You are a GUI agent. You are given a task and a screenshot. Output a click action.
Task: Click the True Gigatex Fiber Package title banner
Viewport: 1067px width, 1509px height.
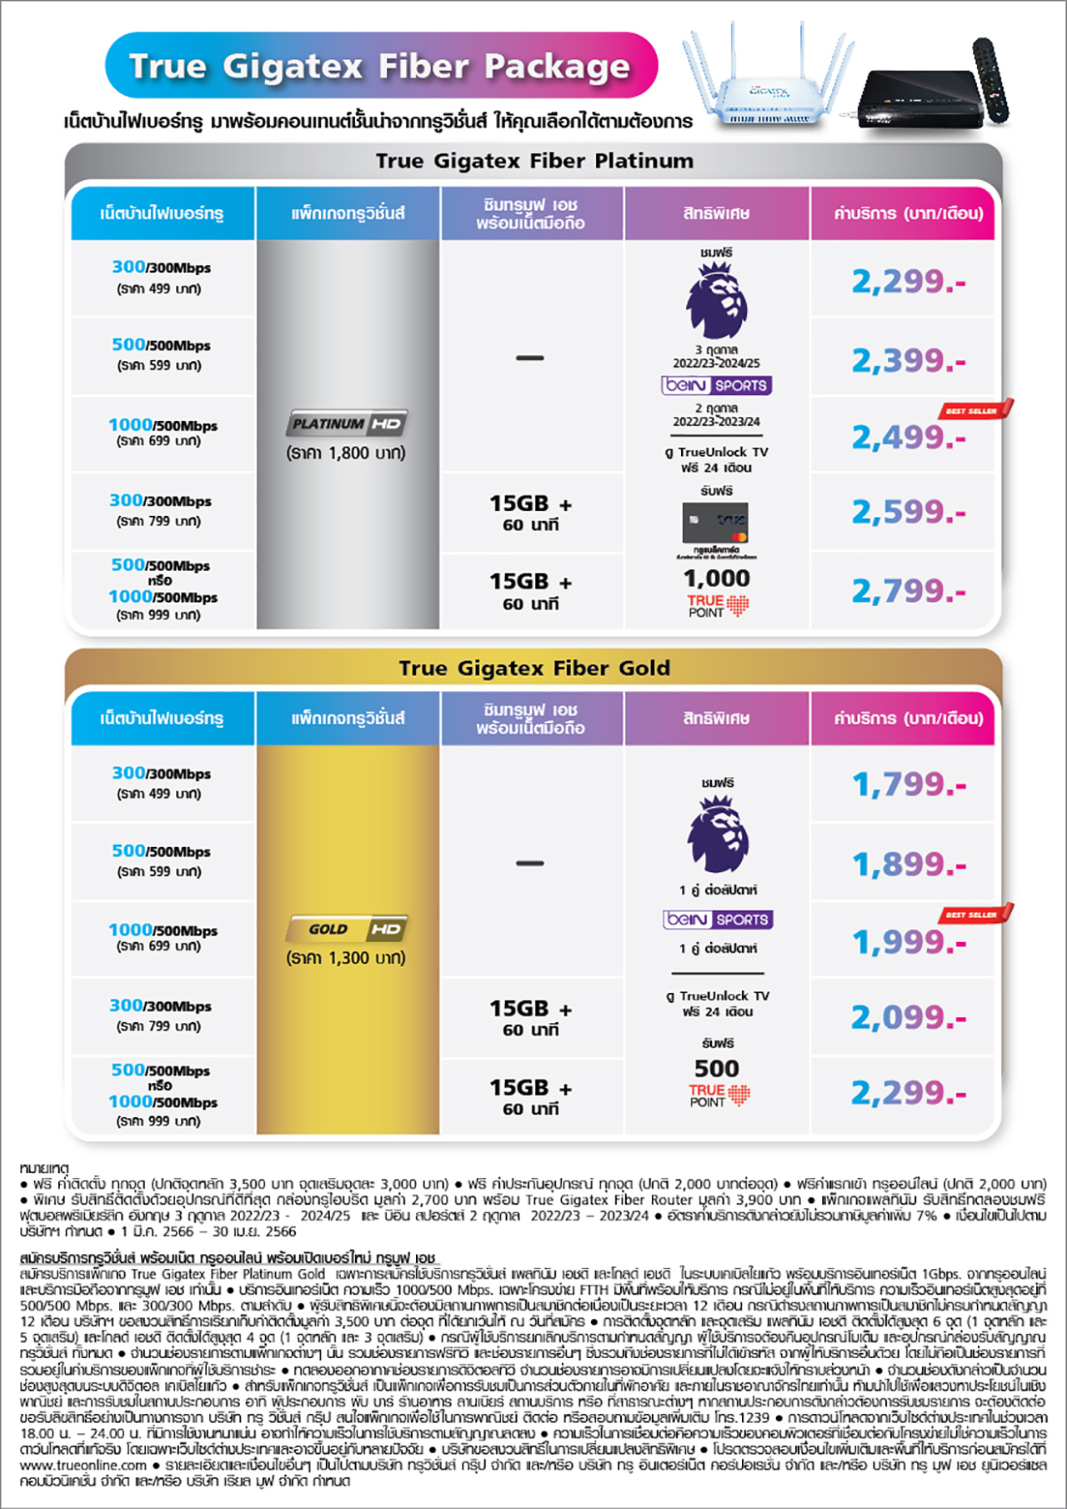tap(381, 66)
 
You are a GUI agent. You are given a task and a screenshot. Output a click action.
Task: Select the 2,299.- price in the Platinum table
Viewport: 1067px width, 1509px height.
tap(908, 282)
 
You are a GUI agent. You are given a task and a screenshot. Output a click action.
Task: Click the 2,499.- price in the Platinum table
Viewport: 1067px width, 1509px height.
tap(908, 437)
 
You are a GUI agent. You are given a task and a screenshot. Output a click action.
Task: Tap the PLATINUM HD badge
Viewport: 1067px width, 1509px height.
tap(348, 424)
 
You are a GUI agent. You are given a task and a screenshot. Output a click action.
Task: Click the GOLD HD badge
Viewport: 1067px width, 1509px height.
tap(348, 929)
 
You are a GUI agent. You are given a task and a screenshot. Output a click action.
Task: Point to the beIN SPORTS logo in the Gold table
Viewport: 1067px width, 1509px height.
tap(718, 920)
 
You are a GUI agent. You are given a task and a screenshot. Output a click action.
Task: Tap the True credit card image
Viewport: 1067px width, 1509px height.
tap(716, 524)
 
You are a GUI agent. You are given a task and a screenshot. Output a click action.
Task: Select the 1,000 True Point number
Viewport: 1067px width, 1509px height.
tap(717, 578)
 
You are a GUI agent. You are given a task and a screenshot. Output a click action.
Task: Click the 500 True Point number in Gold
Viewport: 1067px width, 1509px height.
tap(717, 1068)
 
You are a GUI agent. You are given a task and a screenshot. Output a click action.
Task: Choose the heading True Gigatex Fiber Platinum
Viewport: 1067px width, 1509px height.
tap(534, 161)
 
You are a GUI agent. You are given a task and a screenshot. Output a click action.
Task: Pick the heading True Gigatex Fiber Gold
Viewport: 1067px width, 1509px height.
tap(534, 668)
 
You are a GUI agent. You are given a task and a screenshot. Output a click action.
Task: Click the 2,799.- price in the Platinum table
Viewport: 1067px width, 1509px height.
tap(908, 591)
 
